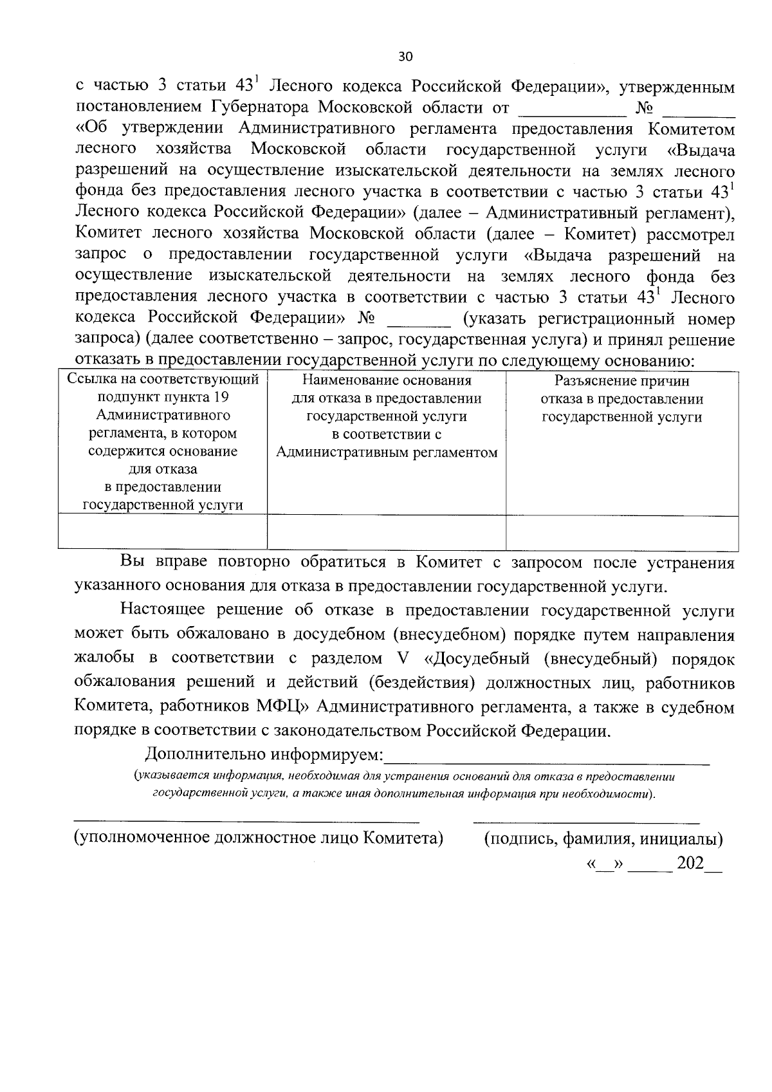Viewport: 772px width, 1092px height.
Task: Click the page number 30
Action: click(x=405, y=57)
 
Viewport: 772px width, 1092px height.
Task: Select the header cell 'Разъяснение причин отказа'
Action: click(x=621, y=399)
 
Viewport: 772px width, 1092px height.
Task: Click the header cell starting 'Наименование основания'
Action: click(x=387, y=416)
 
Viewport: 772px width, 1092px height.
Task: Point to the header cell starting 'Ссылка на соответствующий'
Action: click(x=163, y=442)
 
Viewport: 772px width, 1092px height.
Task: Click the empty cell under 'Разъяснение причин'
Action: click(x=621, y=532)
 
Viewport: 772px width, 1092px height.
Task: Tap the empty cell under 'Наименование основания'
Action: click(x=387, y=532)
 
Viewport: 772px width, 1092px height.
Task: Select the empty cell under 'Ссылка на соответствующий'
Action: click(x=163, y=532)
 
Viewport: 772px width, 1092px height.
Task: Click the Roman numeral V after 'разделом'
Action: click(x=395, y=659)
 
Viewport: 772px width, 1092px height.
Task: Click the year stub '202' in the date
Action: click(x=690, y=864)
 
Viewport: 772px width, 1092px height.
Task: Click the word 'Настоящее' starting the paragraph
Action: click(x=161, y=610)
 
